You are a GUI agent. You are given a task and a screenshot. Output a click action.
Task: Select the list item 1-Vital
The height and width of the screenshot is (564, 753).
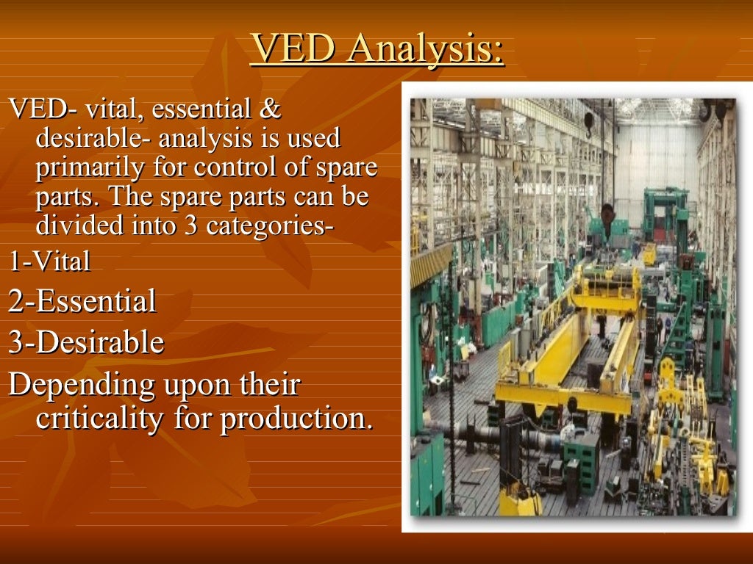click(49, 261)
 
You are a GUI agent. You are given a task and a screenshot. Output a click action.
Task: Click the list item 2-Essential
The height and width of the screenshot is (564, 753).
click(82, 301)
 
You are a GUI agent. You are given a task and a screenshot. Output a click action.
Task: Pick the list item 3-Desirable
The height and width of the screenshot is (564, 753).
click(86, 342)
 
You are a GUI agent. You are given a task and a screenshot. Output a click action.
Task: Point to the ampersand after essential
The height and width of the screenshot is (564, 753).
click(270, 110)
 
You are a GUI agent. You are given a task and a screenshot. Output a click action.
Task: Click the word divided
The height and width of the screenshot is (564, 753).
click(80, 225)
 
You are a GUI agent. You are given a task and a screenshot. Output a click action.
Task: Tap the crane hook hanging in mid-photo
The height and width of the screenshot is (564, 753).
click(607, 214)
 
